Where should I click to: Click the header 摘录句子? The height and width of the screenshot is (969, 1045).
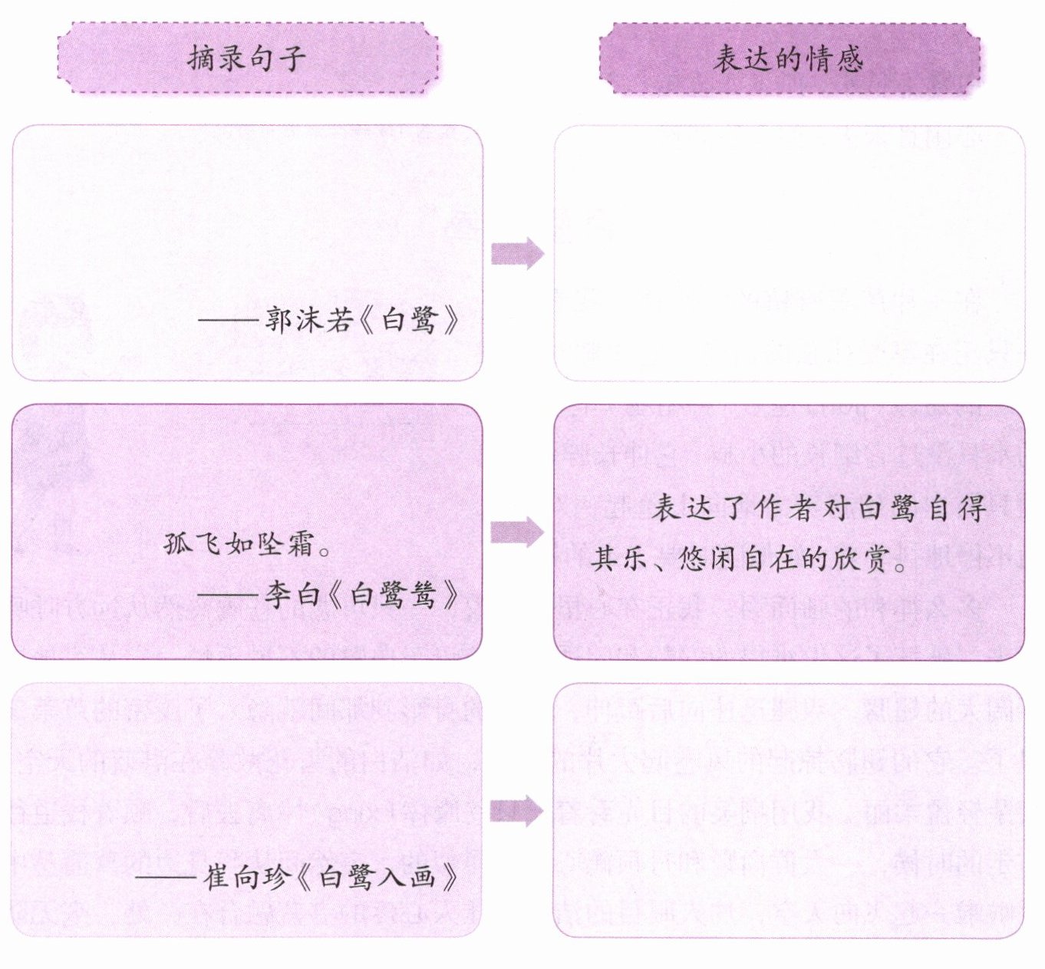pyautogui.click(x=247, y=58)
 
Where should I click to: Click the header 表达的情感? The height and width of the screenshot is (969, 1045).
pyautogui.click(x=789, y=58)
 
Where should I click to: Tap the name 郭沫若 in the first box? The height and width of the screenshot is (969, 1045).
pyautogui.click(x=310, y=319)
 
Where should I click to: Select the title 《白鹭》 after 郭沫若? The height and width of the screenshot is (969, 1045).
pyautogui.click(x=410, y=319)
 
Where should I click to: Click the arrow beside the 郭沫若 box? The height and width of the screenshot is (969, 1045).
pyautogui.click(x=517, y=253)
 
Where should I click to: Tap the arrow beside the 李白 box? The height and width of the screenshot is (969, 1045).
pyautogui.click(x=517, y=532)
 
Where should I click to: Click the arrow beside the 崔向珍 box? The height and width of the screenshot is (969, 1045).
pyautogui.click(x=517, y=810)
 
